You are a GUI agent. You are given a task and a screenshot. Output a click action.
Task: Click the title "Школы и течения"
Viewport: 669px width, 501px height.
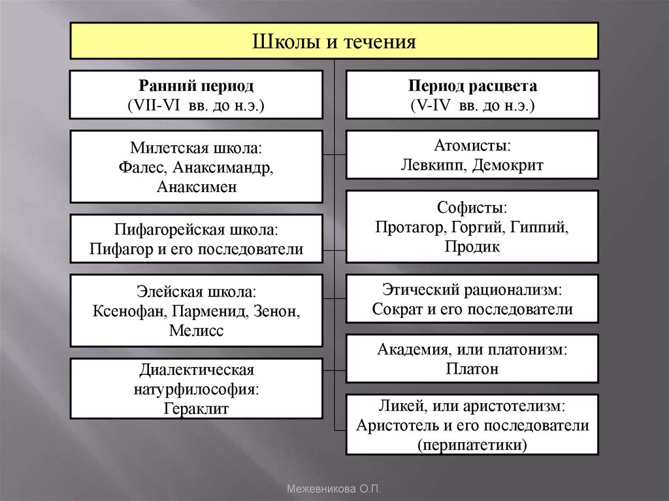[x=334, y=42]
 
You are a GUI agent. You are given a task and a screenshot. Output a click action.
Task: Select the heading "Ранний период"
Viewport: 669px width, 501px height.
[x=196, y=86]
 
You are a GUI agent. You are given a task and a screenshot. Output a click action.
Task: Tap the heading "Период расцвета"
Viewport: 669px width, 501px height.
[x=472, y=86]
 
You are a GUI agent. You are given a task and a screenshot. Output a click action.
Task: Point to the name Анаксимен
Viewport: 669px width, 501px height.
[x=196, y=186]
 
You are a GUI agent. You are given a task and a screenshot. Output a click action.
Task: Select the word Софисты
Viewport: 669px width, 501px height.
[x=472, y=208]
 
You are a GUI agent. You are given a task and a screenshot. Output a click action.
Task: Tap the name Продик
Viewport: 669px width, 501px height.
[x=472, y=247]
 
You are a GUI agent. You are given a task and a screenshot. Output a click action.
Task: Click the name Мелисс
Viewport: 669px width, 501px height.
[x=196, y=331]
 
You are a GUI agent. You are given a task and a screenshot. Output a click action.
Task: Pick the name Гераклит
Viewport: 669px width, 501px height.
[x=196, y=409]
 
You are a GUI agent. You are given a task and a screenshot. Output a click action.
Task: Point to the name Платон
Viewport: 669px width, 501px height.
[x=472, y=368]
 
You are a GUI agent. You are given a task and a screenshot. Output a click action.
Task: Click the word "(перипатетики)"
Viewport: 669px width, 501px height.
[x=472, y=445]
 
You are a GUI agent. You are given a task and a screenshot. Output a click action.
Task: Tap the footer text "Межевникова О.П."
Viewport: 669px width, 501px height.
[x=334, y=489]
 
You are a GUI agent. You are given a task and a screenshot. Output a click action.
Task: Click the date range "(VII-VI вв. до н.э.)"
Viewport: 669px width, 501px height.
[x=196, y=105]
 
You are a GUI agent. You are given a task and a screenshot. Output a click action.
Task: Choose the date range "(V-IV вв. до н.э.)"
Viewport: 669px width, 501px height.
[x=472, y=105]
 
